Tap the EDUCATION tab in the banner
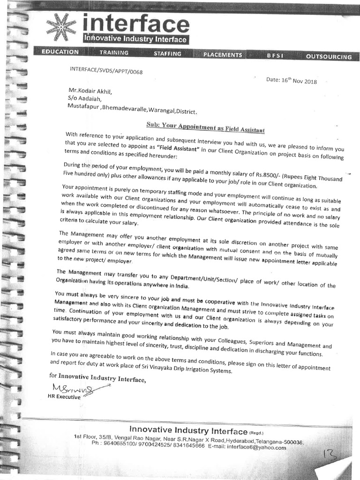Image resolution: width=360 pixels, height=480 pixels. click(60, 52)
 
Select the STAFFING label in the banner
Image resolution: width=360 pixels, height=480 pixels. click(167, 54)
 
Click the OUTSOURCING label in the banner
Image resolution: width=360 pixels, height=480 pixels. click(328, 57)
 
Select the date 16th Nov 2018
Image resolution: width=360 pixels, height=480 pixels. click(291, 81)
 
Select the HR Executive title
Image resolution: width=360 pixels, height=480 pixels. click(64, 397)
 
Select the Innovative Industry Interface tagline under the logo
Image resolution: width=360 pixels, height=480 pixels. click(135, 39)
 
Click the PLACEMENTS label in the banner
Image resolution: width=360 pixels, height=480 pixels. click(223, 55)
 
